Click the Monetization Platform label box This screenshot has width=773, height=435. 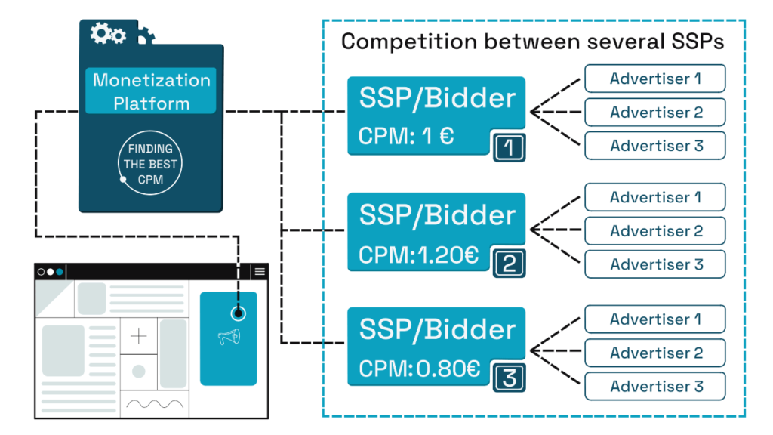coord(151,91)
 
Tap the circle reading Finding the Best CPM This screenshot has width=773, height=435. coord(151,164)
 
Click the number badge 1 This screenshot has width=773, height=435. coord(509,147)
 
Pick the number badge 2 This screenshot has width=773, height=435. coord(509,264)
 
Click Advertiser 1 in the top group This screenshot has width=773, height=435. coord(655,79)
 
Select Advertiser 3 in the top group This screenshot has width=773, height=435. coord(655,146)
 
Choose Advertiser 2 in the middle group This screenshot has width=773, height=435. coord(655,230)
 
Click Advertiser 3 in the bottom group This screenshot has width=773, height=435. coord(655,386)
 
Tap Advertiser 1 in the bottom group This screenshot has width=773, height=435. coord(655,319)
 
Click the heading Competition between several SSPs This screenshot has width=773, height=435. coord(532,42)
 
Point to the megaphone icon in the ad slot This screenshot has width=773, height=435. coord(228,338)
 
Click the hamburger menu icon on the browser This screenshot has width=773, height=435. coord(260,272)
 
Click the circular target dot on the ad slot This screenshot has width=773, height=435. coord(239,313)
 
